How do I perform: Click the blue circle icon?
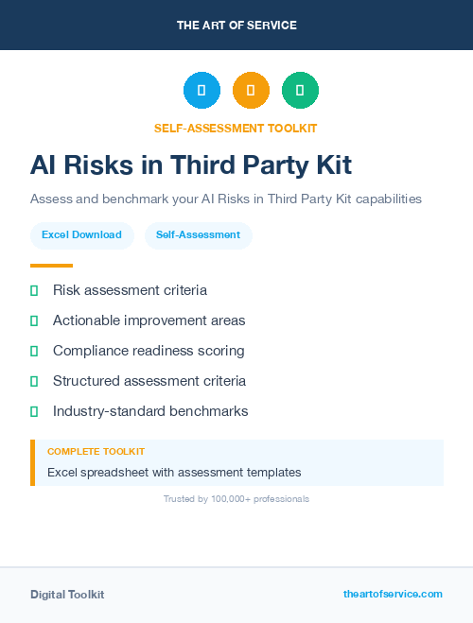click(201, 90)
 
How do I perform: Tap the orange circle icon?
click(251, 90)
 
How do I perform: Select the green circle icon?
click(300, 90)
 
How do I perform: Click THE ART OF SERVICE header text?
click(236, 26)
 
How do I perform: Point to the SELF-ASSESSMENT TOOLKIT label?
click(236, 128)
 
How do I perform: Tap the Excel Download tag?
click(81, 234)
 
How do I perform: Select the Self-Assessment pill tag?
click(198, 234)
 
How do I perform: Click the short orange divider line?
click(51, 266)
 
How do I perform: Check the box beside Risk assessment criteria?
click(34, 290)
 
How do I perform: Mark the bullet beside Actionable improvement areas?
click(34, 320)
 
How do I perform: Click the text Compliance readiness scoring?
click(149, 351)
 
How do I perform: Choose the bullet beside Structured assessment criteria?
click(34, 381)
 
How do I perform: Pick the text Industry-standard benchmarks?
click(150, 411)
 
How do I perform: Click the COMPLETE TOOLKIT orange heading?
click(96, 452)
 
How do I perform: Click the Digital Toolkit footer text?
click(67, 594)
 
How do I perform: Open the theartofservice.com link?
click(393, 594)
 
